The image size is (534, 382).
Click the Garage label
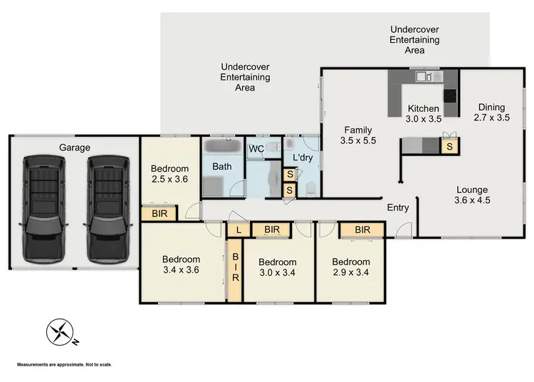click(x=75, y=148)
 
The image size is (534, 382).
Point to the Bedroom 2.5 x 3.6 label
click(x=169, y=174)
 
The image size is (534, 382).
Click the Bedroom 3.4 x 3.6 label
click(x=181, y=266)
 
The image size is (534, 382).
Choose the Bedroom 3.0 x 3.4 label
click(x=277, y=267)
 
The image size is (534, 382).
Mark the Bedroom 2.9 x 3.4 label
click(x=350, y=267)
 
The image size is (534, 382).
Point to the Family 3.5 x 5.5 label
click(x=359, y=135)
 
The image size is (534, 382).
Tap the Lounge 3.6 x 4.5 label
click(x=472, y=195)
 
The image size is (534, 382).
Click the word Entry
click(x=397, y=207)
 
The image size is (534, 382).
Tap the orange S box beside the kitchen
click(x=449, y=147)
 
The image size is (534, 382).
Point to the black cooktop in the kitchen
click(x=450, y=95)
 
